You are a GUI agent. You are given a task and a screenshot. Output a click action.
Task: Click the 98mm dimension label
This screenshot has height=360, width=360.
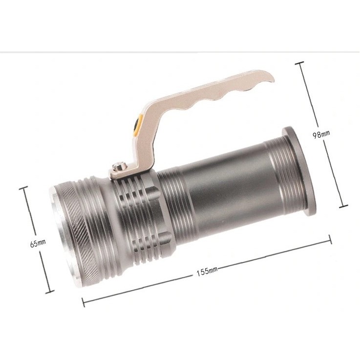(x=321, y=134)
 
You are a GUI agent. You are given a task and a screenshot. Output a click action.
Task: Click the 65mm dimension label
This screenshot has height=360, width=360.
(x=38, y=243)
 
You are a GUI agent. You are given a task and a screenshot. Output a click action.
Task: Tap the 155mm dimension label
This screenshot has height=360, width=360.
(x=207, y=271)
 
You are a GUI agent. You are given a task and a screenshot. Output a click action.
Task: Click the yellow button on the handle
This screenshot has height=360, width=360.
(x=138, y=125)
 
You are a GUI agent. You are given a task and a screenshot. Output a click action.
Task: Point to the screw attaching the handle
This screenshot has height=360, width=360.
(x=119, y=166)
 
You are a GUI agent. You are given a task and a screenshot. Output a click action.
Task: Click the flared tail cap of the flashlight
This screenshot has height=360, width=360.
(x=298, y=171)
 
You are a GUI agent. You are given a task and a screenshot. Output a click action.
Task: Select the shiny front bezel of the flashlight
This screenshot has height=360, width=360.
(x=64, y=236)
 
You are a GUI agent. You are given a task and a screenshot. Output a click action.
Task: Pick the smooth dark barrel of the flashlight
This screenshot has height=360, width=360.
(x=230, y=191)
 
